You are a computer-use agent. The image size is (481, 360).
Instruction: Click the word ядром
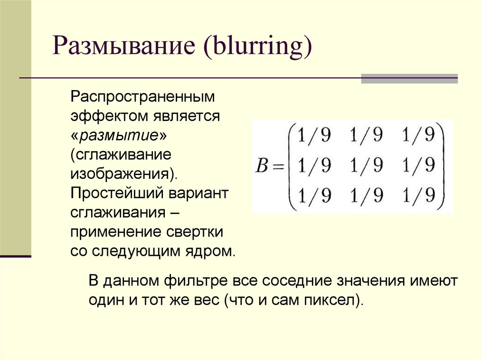point(212,251)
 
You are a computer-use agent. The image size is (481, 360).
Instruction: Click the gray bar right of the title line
point(409,78)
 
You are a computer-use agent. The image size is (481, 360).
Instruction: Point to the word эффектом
point(109,116)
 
